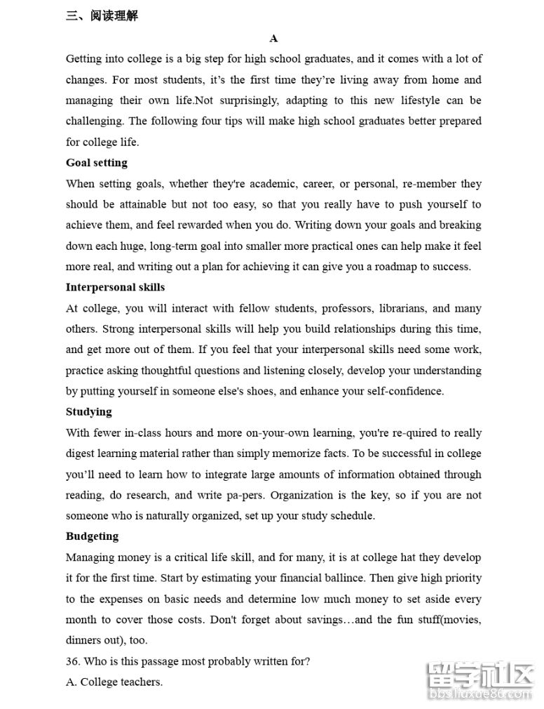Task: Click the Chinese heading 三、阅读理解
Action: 102,15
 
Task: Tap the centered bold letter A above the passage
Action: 273,39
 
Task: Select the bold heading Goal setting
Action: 97,163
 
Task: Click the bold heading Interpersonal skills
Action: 116,287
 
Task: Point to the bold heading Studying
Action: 89,412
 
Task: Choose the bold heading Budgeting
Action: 93,536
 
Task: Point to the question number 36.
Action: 73,661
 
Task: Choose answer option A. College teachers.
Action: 114,682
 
